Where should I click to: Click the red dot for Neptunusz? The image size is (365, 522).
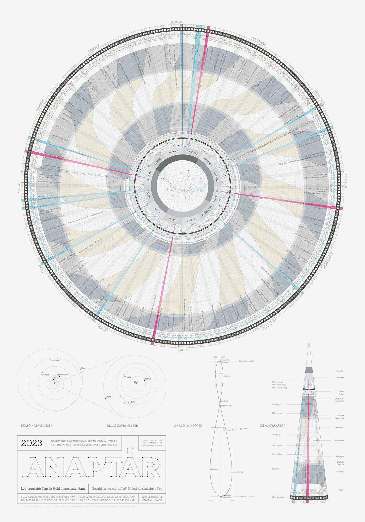coord(57,358)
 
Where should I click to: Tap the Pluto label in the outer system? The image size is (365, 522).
coord(83,368)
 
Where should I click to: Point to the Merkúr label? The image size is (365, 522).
coord(148,379)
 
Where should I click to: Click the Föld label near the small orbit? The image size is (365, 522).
coord(133,402)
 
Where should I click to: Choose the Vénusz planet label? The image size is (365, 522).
coord(127,377)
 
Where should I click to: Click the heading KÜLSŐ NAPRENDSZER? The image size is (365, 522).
coord(37,426)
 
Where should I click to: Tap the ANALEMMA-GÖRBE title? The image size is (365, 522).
coord(188,426)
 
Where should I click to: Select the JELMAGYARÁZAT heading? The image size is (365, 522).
coord(272,426)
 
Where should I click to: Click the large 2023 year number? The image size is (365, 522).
coord(32,443)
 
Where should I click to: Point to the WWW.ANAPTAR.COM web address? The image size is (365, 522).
coord(152,440)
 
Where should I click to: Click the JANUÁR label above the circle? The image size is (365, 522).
coord(176,22)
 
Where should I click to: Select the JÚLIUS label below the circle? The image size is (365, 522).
coord(183,349)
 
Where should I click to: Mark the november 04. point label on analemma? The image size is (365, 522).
coord(238,472)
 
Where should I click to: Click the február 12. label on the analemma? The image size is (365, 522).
coord(215,469)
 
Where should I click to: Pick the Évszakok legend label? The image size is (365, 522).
coord(340,371)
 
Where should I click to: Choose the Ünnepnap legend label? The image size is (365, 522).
coord(340,472)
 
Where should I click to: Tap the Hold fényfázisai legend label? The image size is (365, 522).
coord(278,497)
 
